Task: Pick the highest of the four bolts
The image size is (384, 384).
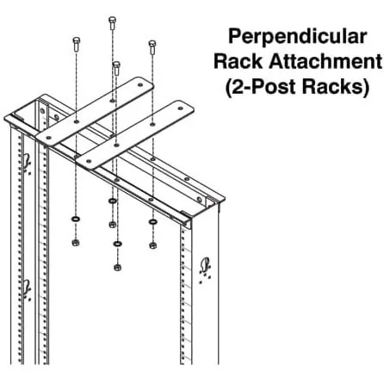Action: coord(113,22)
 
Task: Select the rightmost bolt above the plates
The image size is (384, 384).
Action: coord(152,44)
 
